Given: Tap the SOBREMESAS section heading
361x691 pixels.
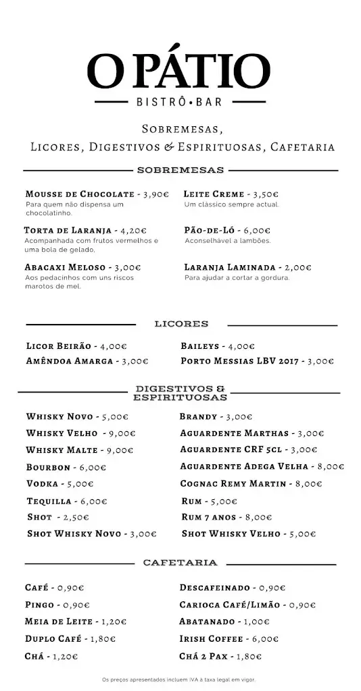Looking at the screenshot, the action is coord(180,170).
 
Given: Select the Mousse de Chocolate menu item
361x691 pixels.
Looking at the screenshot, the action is coord(80,194).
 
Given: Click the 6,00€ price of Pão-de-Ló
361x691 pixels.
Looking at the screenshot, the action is coord(256,230).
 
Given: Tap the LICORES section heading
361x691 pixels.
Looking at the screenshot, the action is coord(180,324).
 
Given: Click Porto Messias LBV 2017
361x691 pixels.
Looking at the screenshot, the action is coord(241,361).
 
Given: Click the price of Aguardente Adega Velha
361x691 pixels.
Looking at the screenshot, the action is coord(329,466).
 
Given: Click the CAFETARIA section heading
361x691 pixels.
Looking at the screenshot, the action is coord(180,562).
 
